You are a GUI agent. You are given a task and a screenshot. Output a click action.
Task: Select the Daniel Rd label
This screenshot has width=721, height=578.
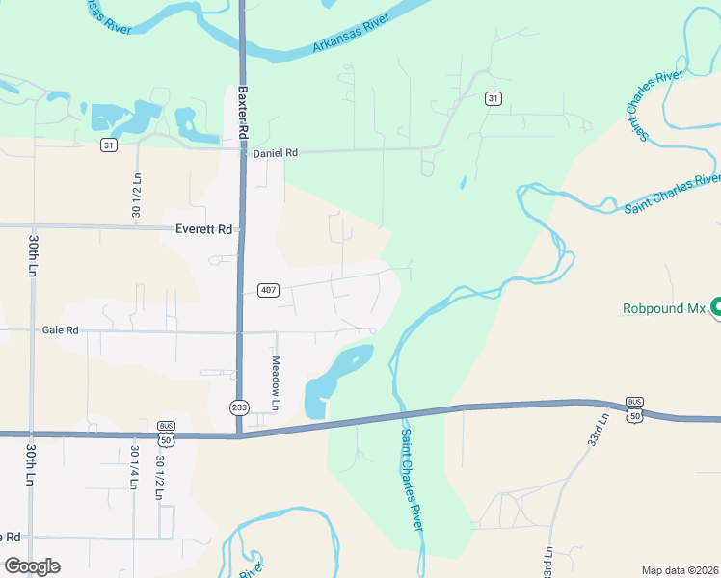tap(276, 153)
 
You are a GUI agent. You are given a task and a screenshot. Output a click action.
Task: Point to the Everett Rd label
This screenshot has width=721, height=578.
tap(204, 229)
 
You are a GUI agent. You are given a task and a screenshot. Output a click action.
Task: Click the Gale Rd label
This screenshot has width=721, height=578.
tap(60, 329)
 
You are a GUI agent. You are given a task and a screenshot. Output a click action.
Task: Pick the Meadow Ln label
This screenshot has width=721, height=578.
tap(275, 382)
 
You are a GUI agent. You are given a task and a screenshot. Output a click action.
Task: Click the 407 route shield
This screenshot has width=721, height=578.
tap(269, 290)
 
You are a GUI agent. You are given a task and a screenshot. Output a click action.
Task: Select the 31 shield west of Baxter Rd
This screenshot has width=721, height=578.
tap(108, 144)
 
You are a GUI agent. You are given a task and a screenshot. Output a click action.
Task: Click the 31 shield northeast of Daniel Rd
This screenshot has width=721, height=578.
tap(493, 98)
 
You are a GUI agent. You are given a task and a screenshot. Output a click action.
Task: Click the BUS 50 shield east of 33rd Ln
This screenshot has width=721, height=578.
tap(633, 408)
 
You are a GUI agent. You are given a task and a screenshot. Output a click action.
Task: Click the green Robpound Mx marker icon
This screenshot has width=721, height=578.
tap(717, 308)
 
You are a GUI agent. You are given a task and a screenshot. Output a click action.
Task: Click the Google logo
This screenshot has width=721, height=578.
tap(32, 566)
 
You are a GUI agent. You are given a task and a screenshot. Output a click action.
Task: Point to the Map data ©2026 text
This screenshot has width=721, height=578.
tap(680, 569)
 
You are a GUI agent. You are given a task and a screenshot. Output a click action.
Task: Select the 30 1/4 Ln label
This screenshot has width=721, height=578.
tap(135, 467)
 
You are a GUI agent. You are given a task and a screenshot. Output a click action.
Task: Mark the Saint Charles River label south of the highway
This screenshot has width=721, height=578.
tap(412, 478)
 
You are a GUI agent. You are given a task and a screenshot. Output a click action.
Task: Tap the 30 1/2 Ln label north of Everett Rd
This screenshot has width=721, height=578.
tap(137, 196)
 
